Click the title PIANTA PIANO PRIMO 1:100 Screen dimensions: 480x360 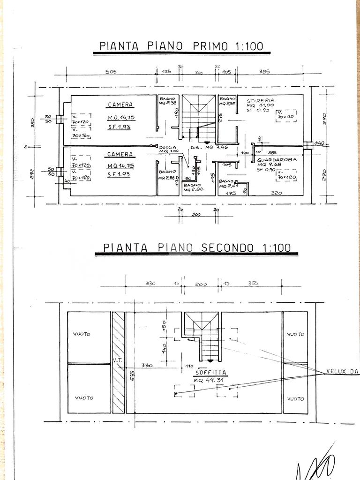(x=182, y=46)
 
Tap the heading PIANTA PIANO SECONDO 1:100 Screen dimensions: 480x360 (x=197, y=247)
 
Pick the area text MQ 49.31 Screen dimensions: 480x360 (x=210, y=380)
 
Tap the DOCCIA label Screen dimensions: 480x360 (x=167, y=147)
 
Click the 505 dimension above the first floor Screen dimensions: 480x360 (x=111, y=72)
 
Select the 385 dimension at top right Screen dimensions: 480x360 (x=265, y=72)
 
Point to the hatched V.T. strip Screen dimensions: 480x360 (x=119, y=362)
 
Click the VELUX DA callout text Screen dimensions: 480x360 (x=342, y=372)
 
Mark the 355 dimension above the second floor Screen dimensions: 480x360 (x=254, y=283)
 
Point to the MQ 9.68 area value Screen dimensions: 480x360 (x=268, y=165)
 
